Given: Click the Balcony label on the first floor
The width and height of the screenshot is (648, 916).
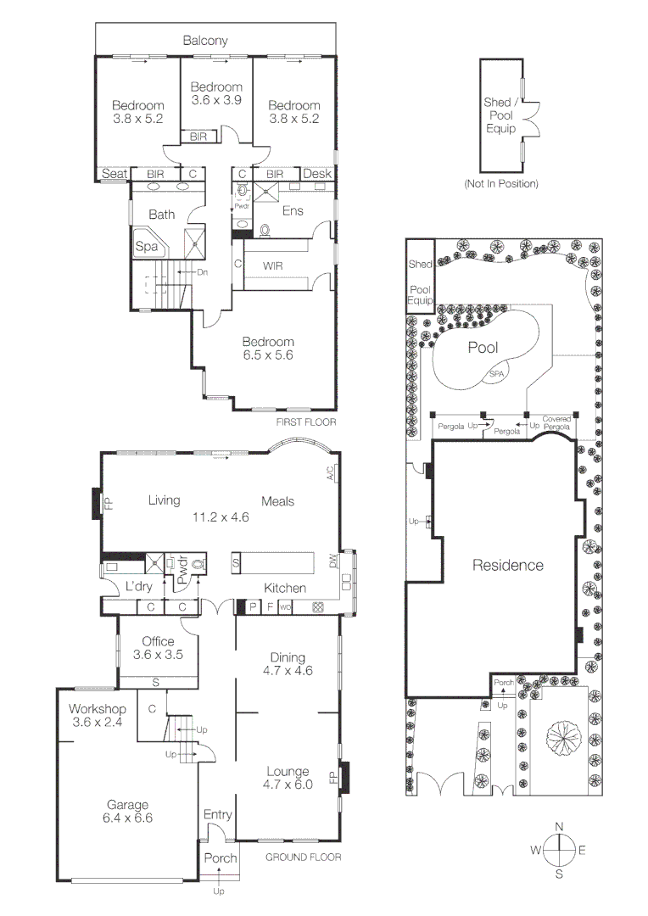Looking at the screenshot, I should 205,40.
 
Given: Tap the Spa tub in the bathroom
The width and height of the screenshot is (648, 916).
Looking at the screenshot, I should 146,247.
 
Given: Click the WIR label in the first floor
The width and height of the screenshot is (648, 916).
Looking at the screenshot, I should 272,265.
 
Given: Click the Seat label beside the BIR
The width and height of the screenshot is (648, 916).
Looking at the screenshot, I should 115,174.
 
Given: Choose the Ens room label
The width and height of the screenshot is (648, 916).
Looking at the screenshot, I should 293,211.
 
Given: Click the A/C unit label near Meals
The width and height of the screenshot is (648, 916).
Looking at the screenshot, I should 330,474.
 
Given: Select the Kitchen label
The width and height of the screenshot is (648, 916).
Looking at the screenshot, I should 284,588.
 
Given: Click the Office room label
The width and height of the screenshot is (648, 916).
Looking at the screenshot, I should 158,641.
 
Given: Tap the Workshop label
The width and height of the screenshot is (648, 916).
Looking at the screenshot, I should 98,708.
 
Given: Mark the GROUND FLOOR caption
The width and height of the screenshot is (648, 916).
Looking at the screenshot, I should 303,857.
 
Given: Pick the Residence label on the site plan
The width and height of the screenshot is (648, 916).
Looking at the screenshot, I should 507,565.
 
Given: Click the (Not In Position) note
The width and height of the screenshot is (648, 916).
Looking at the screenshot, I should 500,183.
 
